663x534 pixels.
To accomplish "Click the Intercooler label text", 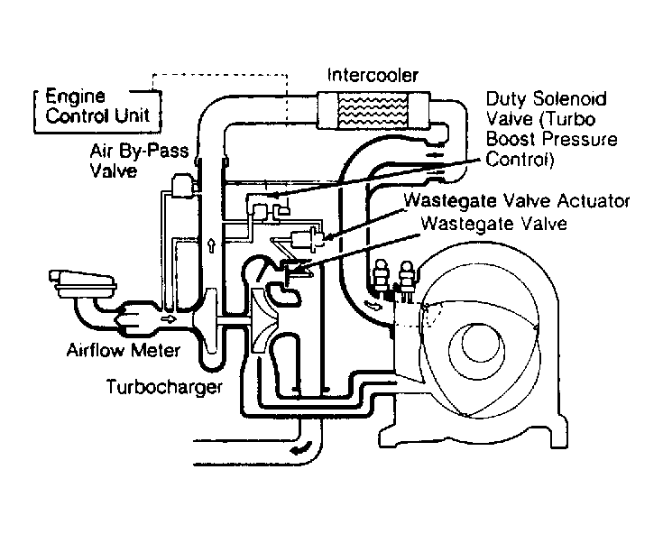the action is (x=373, y=75).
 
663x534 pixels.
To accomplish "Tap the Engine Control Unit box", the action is (x=97, y=112).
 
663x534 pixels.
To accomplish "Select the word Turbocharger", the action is (x=164, y=387).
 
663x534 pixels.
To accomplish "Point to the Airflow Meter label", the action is (x=124, y=350).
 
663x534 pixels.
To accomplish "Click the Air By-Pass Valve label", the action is (x=139, y=161).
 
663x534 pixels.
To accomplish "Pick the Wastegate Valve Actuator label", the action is (x=517, y=200).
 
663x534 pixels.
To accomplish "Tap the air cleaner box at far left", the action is (x=82, y=284).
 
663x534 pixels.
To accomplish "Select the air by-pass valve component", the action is (x=182, y=186).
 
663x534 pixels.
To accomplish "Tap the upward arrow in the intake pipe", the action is (x=211, y=245).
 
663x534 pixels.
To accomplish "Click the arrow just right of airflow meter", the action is (x=169, y=318).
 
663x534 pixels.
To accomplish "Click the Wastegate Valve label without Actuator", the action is (x=494, y=223).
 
